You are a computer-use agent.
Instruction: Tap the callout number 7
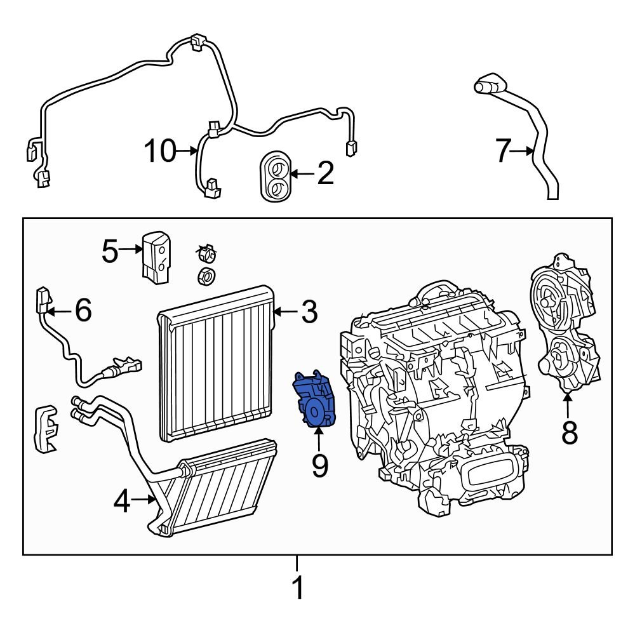pyautogui.click(x=503, y=151)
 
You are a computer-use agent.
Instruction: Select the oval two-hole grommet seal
pyautogui.click(x=276, y=176)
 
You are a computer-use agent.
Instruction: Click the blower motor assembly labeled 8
pyautogui.click(x=564, y=324)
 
